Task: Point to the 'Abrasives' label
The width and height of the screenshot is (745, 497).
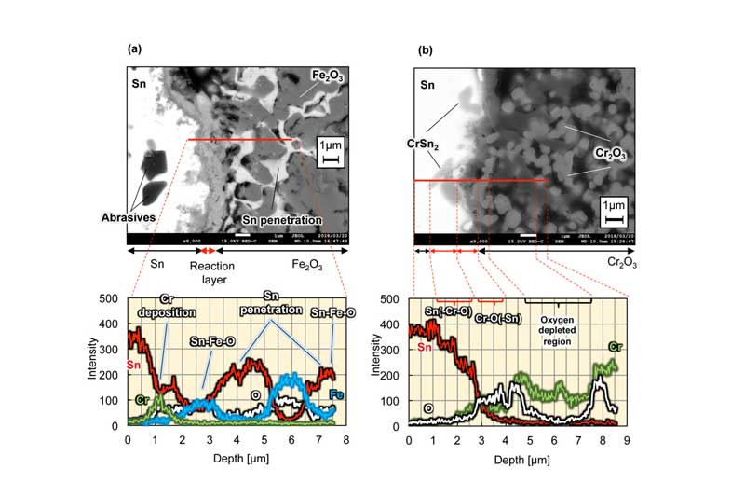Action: pyautogui.click(x=128, y=219)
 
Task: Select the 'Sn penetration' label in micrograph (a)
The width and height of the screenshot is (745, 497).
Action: pyautogui.click(x=279, y=219)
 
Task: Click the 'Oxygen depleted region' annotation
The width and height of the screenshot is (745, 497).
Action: pyautogui.click(x=558, y=322)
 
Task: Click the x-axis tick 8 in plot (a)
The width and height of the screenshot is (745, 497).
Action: pyautogui.click(x=346, y=437)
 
